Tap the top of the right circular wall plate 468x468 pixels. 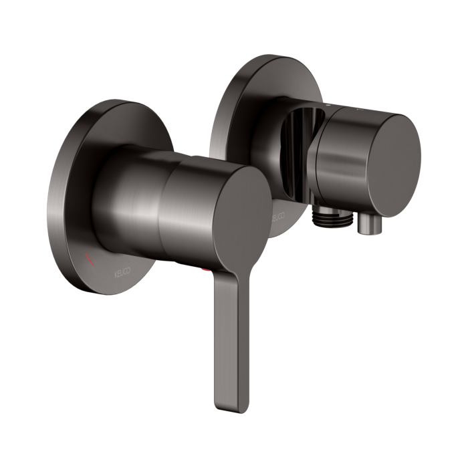click(x=267, y=59)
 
